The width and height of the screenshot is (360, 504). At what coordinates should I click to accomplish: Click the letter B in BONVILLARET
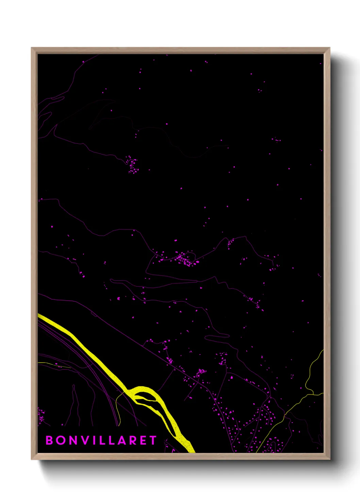pos(49,440)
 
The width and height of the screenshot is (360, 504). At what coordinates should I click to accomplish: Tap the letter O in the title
pos(62,440)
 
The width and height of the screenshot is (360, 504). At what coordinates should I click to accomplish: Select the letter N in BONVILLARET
pos(74,440)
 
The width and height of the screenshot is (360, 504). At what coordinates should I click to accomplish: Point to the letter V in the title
pos(86,440)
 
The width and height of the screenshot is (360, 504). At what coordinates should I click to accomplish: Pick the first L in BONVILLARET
pos(103,440)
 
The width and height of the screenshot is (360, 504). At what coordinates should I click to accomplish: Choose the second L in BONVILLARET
pos(113,440)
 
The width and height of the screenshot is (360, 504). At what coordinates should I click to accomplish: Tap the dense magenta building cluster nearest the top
pos(133,165)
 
